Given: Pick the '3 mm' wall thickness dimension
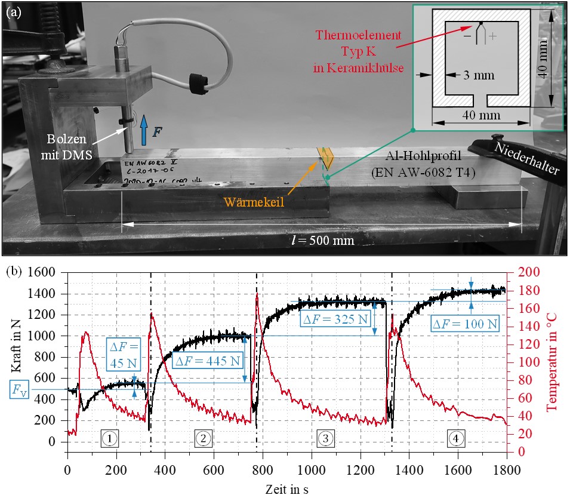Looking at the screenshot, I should (479, 75).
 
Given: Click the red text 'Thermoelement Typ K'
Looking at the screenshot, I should (358, 44).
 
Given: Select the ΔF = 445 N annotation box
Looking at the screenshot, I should (208, 361).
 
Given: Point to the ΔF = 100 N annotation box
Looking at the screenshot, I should (465, 324).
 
